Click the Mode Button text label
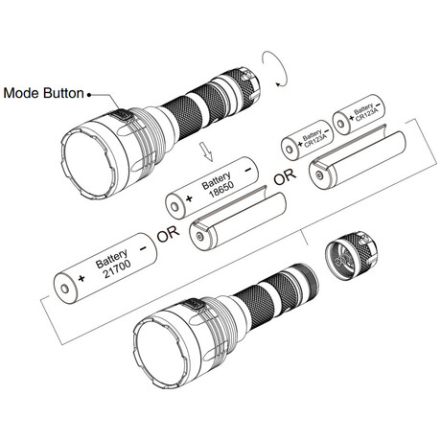pos(43,93)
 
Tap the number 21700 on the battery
pos(117,268)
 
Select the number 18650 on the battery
pos(221,190)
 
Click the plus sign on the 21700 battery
pos(81,278)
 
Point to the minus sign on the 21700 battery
pos(143,247)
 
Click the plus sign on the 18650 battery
pos(189,198)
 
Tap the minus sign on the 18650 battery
pos(248,170)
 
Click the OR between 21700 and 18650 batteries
pos(168,234)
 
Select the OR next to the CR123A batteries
pos(285,176)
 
